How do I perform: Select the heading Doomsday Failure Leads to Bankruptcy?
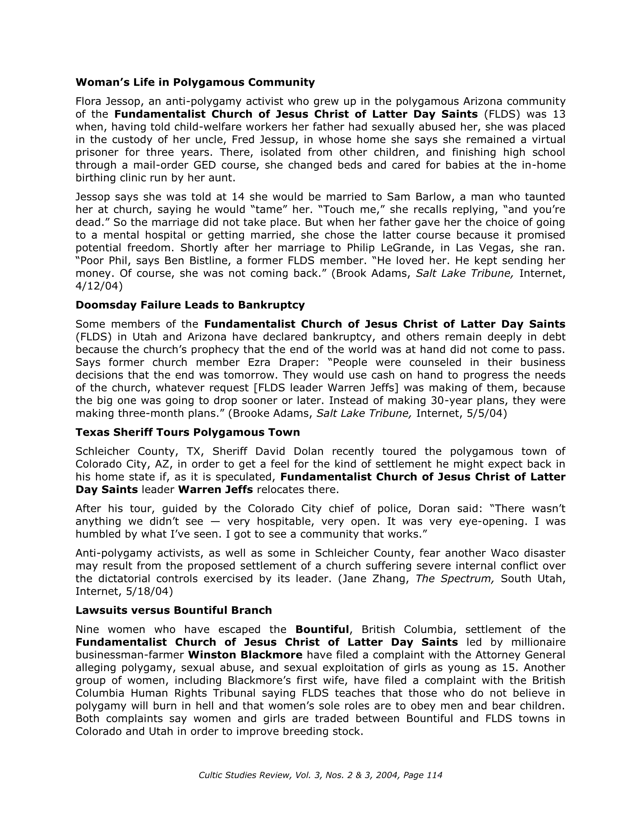190,305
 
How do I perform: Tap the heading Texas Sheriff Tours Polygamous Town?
188,432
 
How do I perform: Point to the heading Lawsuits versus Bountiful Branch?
174,610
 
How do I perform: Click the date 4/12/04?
99,286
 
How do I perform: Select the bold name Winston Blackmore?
245,655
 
